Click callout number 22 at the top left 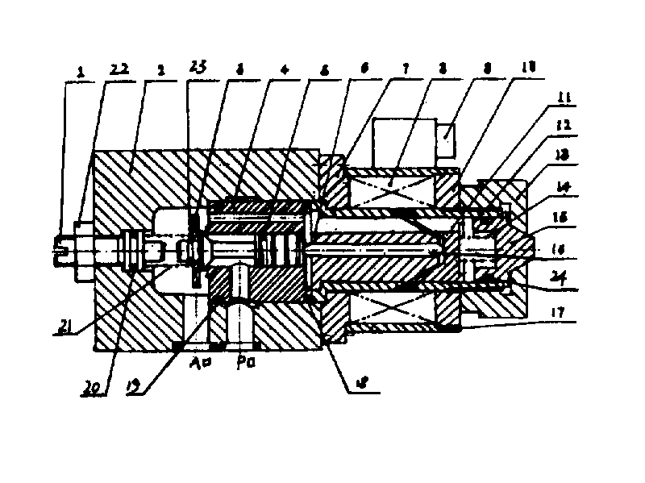[x=118, y=72]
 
